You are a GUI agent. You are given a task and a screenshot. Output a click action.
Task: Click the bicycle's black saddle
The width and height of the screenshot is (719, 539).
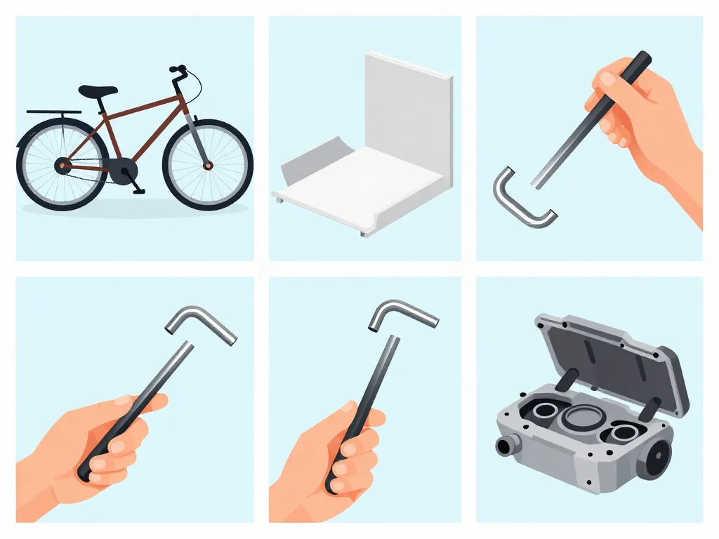click(98, 91)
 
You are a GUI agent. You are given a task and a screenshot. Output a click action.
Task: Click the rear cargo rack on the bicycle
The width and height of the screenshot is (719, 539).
click(53, 112)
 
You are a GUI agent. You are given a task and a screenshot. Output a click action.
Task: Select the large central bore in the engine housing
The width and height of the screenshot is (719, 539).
click(580, 421)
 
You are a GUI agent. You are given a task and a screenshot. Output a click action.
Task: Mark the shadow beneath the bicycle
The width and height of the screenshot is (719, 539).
click(133, 208)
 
